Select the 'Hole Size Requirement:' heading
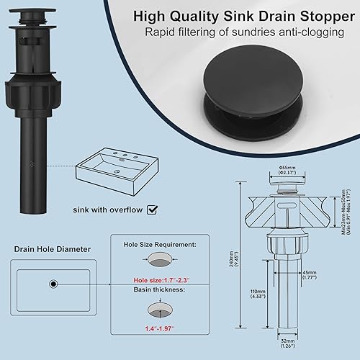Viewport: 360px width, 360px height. coord(165,244)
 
